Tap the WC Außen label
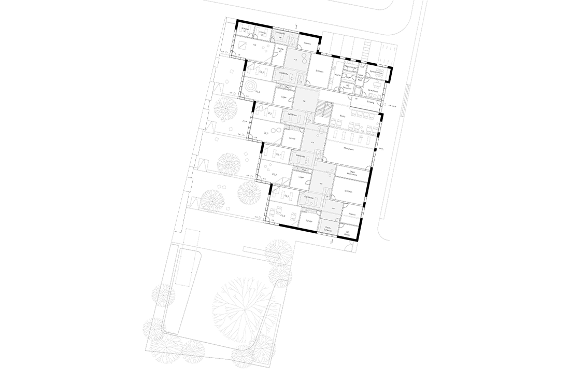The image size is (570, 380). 347,233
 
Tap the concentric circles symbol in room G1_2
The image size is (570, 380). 251,85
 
